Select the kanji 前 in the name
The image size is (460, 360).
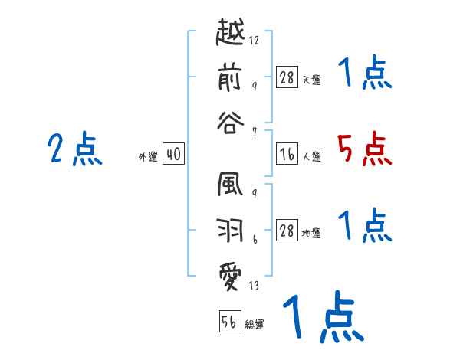tap(231, 77)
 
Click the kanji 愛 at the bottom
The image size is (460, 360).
tap(231, 273)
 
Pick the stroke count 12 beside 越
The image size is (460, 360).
tap(254, 41)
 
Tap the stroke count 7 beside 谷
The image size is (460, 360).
tap(254, 132)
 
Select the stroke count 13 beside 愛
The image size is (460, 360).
tap(254, 287)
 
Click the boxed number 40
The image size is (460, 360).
tap(172, 155)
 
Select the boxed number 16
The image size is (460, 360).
tap(287, 155)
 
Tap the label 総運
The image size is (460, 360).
tap(255, 324)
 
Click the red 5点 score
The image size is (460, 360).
tap(364, 149)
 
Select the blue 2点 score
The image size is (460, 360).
tap(75, 149)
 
